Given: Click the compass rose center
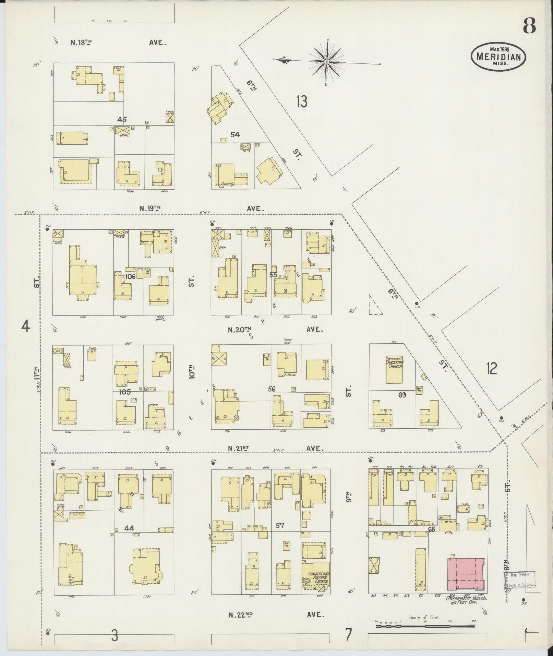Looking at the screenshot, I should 327,62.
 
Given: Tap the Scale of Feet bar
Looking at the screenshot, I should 425,626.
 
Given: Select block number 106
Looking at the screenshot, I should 130,276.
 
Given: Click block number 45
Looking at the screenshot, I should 122,120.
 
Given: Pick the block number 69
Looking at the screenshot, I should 402,395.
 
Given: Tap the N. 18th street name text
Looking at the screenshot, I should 81,43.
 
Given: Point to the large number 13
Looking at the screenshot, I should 302,102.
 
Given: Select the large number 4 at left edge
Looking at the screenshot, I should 26,326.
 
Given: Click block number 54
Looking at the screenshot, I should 235,135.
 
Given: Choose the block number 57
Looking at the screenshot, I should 280,525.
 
